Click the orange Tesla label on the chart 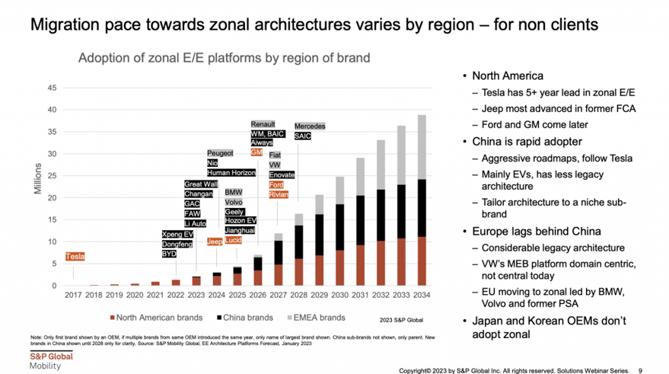(75, 257)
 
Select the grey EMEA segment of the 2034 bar (422, 148)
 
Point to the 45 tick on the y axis (52, 88)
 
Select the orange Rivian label (278, 195)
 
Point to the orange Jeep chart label (215, 241)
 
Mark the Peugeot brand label (220, 153)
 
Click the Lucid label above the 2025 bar (233, 241)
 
